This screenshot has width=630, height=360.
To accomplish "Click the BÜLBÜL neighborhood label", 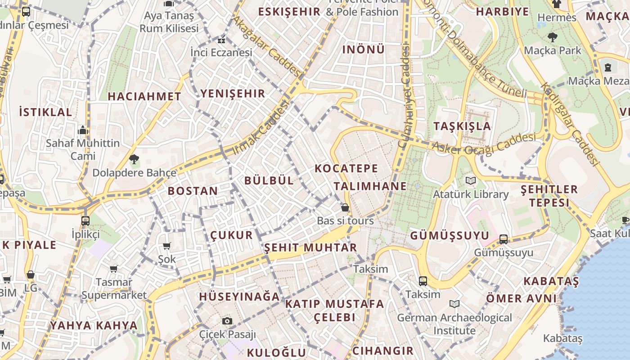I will (x=269, y=180).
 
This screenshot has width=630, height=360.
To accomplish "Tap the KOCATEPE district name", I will (x=346, y=169).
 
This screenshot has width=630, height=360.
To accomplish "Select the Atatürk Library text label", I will (x=471, y=194).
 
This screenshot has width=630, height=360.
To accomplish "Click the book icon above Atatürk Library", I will (x=471, y=181).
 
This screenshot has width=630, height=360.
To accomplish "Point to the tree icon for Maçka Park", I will (x=553, y=37).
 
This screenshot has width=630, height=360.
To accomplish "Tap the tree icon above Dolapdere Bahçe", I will (x=134, y=159).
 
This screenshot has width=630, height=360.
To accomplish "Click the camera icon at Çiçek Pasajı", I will (x=227, y=321).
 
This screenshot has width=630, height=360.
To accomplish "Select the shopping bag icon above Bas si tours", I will (x=345, y=207).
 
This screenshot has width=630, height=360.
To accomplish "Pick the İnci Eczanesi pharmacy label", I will (x=221, y=53).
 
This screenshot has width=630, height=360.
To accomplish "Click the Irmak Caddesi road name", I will (x=261, y=128).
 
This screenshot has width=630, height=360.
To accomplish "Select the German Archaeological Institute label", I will (x=454, y=324).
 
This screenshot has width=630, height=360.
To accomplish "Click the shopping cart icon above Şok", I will (x=167, y=246).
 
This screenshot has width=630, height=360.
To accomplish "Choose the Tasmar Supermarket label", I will (x=114, y=288).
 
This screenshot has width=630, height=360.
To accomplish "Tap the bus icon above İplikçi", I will (x=85, y=221).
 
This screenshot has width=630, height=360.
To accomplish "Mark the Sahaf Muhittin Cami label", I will (x=83, y=149).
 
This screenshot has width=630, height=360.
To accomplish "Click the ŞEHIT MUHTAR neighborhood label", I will (x=310, y=247).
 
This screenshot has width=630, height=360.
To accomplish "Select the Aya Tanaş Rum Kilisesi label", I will (x=169, y=22).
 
